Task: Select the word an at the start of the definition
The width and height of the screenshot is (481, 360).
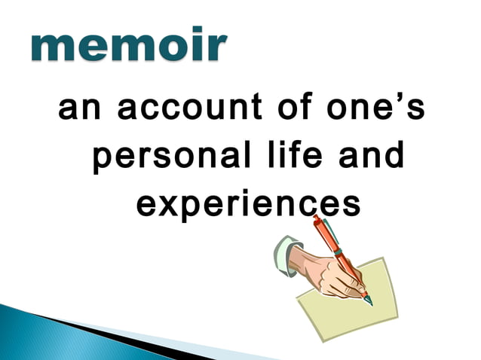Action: point(78,111)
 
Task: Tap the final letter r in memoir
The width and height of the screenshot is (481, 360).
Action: point(213,48)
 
